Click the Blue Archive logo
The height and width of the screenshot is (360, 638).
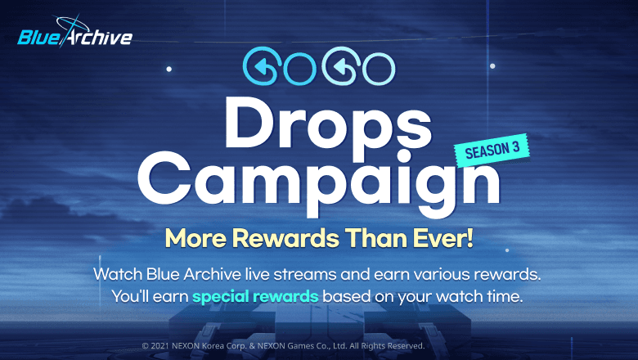click(x=75, y=33)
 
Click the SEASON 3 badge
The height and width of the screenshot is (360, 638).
click(x=492, y=150)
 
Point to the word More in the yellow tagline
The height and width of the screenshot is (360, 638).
click(x=195, y=238)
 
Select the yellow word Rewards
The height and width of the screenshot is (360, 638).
click(x=285, y=238)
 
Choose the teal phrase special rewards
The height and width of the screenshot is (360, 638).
click(x=255, y=296)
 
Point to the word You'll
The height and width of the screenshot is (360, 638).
click(x=130, y=296)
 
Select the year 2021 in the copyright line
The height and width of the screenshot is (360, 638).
click(x=159, y=346)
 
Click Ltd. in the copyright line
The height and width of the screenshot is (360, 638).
click(x=340, y=346)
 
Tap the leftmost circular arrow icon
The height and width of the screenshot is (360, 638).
click(x=260, y=65)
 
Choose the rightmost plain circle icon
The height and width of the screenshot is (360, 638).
click(x=379, y=69)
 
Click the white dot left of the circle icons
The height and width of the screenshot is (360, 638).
click(x=168, y=70)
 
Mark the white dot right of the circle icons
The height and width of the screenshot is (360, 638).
click(x=492, y=66)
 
